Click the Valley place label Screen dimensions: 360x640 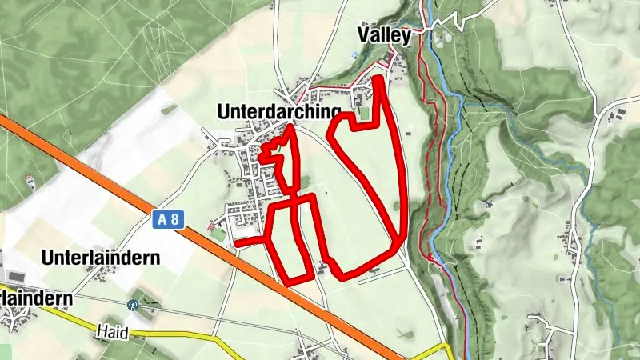tap(384, 35)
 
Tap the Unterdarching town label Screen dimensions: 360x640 tap(279, 113)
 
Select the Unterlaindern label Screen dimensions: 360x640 tap(101, 258)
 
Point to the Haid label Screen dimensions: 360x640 tap(113, 330)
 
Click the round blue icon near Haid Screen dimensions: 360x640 tap(134, 305)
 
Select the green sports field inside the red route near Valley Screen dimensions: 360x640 tap(365, 114)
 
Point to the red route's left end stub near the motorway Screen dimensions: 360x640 tap(237, 242)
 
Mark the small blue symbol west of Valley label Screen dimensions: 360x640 tap(354, 54)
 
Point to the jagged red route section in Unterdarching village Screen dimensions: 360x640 tap(276, 156)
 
